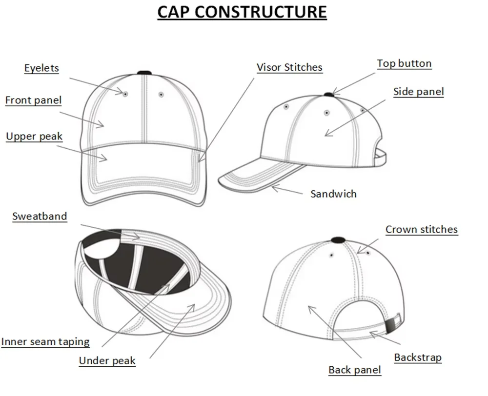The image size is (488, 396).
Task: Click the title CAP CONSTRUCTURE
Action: coord(242,11)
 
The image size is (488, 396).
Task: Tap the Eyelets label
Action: coord(41,68)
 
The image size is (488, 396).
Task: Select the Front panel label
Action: coord(34,100)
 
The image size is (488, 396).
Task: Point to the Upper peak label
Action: coord(34,136)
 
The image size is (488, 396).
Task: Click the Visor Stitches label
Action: coord(289,67)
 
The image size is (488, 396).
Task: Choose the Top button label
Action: coord(404,63)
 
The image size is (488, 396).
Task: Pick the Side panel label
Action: coord(418,91)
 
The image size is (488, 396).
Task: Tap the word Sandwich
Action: coord(333,194)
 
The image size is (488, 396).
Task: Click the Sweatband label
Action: coord(40,216)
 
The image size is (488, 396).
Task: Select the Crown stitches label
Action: coord(422,229)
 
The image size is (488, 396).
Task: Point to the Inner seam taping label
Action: coord(45,341)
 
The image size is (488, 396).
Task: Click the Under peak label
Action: coord(107,361)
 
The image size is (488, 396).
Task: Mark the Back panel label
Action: coord(354,370)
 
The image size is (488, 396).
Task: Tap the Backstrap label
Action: coord(418,357)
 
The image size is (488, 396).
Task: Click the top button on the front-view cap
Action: coord(144,73)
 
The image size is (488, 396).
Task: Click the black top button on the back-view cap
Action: coord(337,239)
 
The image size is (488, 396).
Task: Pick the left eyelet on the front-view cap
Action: coord(125,93)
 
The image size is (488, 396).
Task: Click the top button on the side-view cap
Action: coord(328,93)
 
